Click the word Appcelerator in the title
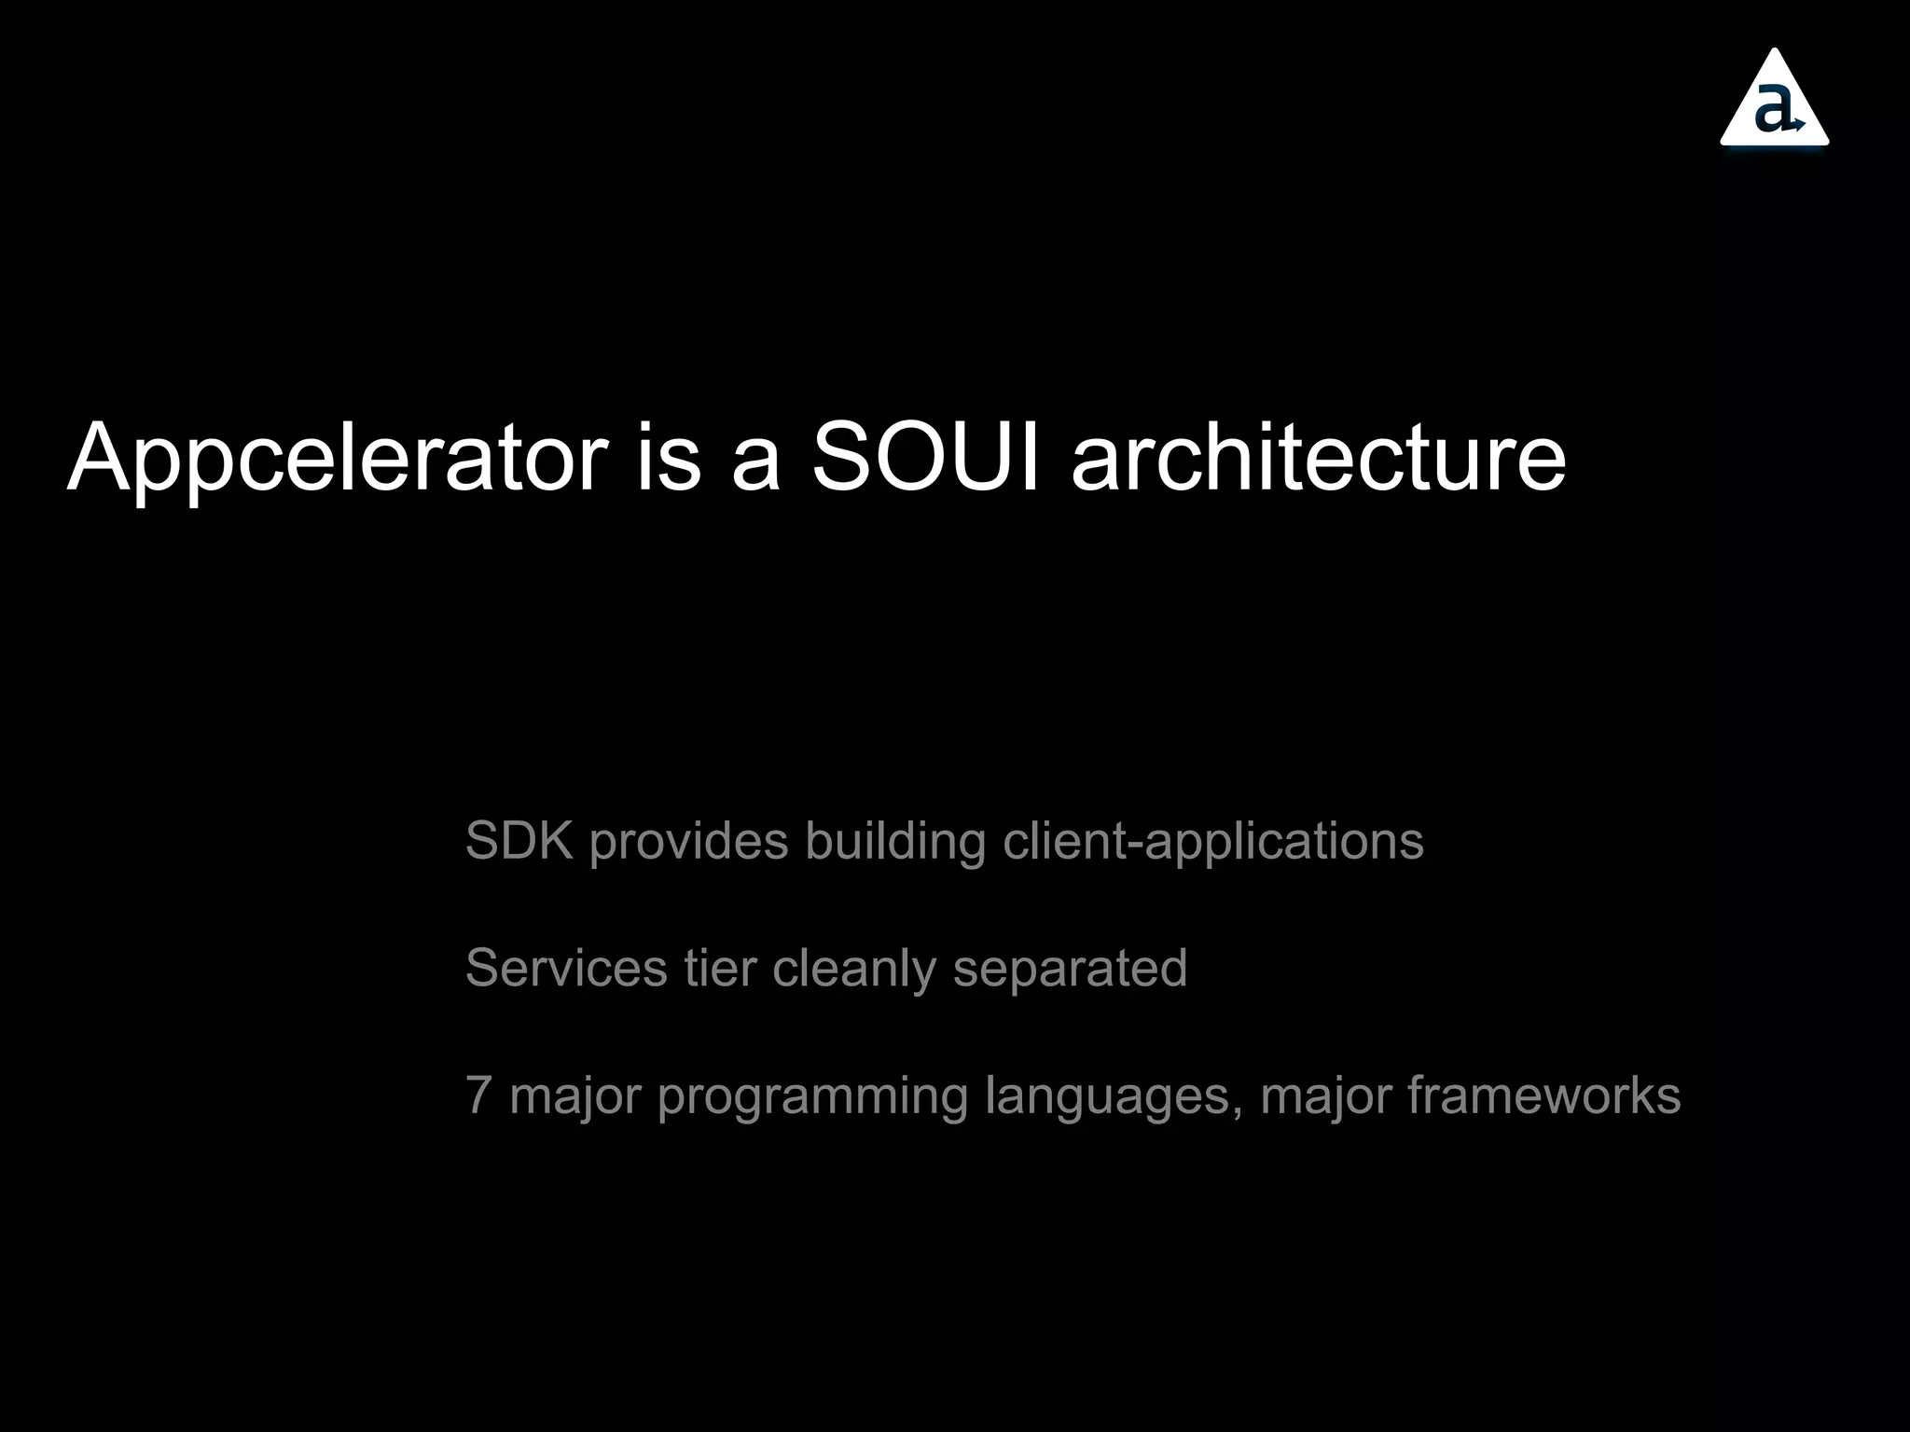click(x=338, y=459)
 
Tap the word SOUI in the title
click(x=926, y=457)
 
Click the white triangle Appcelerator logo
click(x=1774, y=103)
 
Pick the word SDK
click(x=519, y=841)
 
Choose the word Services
click(x=566, y=968)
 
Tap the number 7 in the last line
click(x=478, y=1095)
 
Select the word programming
click(x=812, y=1097)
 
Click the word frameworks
click(x=1544, y=1095)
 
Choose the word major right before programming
click(x=575, y=1097)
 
